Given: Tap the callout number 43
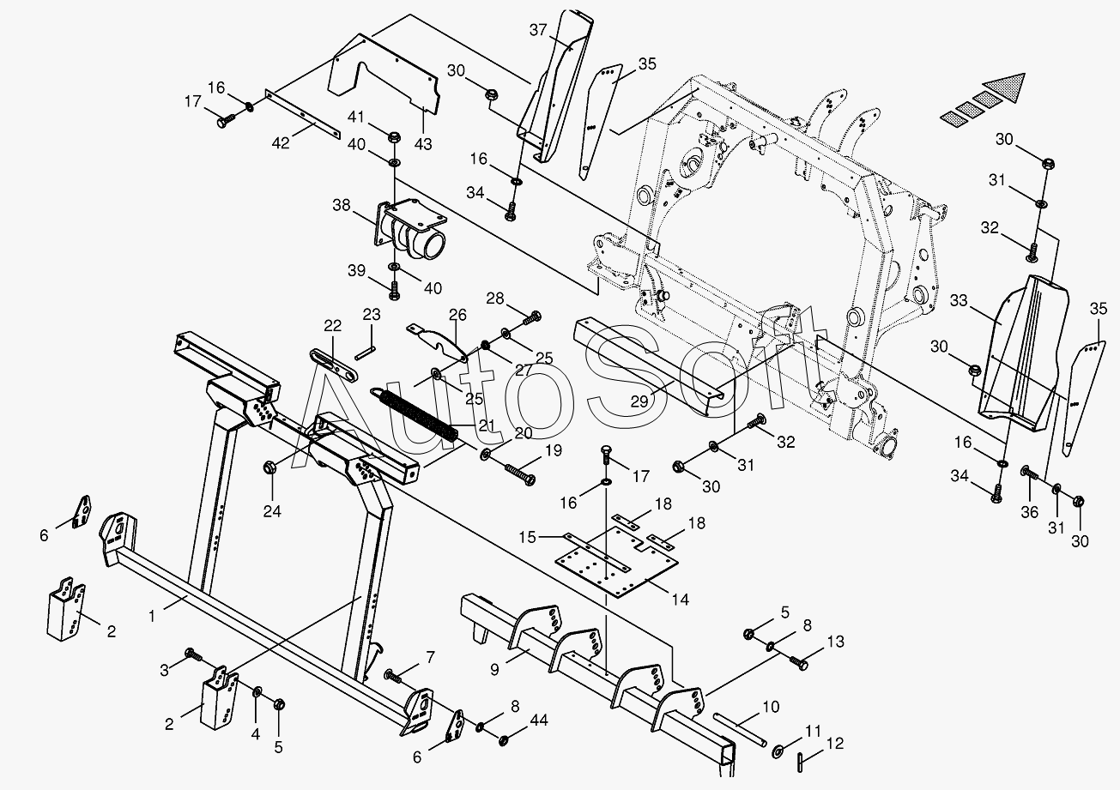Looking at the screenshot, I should [423, 144].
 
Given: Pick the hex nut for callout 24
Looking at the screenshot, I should [268, 468].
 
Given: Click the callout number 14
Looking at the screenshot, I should [680, 600].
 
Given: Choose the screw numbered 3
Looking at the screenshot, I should [194, 655].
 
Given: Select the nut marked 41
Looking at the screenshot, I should [394, 137].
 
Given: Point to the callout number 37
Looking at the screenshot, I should [538, 30].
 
